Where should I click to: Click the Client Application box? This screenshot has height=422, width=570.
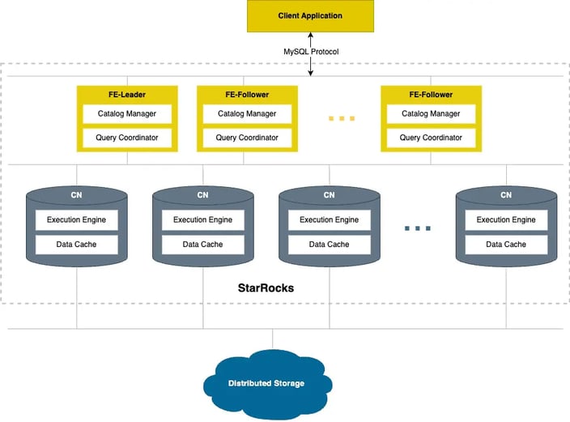click(310, 16)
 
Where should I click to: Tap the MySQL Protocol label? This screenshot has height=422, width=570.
click(311, 52)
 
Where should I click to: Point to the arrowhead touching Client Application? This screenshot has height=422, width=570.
click(310, 35)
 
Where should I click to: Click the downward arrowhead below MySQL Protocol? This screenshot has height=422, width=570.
click(310, 74)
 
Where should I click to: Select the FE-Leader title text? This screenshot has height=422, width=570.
click(127, 95)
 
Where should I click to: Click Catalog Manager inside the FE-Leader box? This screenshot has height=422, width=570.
click(127, 113)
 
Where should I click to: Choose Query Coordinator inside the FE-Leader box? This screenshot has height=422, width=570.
click(127, 138)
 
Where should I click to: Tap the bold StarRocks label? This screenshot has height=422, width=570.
click(266, 288)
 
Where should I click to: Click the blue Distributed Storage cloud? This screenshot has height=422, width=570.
click(267, 383)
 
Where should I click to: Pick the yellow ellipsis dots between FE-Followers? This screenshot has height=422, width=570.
click(342, 118)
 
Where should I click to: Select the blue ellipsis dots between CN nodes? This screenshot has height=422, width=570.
click(418, 228)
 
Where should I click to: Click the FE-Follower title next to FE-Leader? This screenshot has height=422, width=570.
click(247, 95)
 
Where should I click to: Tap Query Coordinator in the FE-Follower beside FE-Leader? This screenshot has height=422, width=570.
click(247, 138)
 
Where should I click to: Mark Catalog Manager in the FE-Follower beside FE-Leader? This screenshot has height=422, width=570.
click(247, 113)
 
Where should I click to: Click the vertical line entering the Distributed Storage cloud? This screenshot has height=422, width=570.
click(273, 339)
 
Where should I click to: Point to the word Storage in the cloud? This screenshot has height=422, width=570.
click(289, 383)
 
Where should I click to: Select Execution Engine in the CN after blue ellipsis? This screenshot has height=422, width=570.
click(506, 220)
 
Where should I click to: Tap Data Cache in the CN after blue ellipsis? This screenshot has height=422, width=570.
click(506, 244)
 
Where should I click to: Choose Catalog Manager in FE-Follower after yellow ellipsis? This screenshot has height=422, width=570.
click(431, 113)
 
